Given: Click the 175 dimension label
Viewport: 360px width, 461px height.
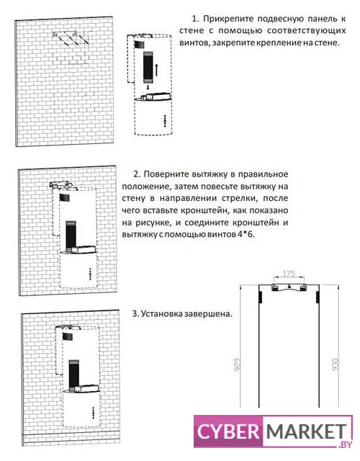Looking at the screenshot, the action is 289,274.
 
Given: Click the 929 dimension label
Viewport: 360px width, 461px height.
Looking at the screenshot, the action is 237,364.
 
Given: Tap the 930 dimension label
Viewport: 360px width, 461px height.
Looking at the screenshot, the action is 336,364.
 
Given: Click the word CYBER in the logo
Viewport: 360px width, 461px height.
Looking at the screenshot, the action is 228,432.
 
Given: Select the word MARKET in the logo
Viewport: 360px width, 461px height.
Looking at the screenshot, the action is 306,432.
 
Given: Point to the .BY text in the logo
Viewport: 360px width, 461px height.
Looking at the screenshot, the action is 345,444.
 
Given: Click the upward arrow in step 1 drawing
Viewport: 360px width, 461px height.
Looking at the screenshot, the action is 157,70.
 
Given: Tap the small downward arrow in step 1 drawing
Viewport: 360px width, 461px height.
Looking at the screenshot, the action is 148,87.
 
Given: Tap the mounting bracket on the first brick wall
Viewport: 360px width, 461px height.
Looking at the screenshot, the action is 71,38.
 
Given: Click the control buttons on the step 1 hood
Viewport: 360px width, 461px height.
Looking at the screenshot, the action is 165,121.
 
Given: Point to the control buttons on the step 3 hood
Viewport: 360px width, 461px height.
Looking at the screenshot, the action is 94,413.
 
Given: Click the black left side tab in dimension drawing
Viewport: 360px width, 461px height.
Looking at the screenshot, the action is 261,297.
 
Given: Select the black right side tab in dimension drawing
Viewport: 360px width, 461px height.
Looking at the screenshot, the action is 318,297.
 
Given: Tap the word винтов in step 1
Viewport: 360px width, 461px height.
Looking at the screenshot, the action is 194,43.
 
